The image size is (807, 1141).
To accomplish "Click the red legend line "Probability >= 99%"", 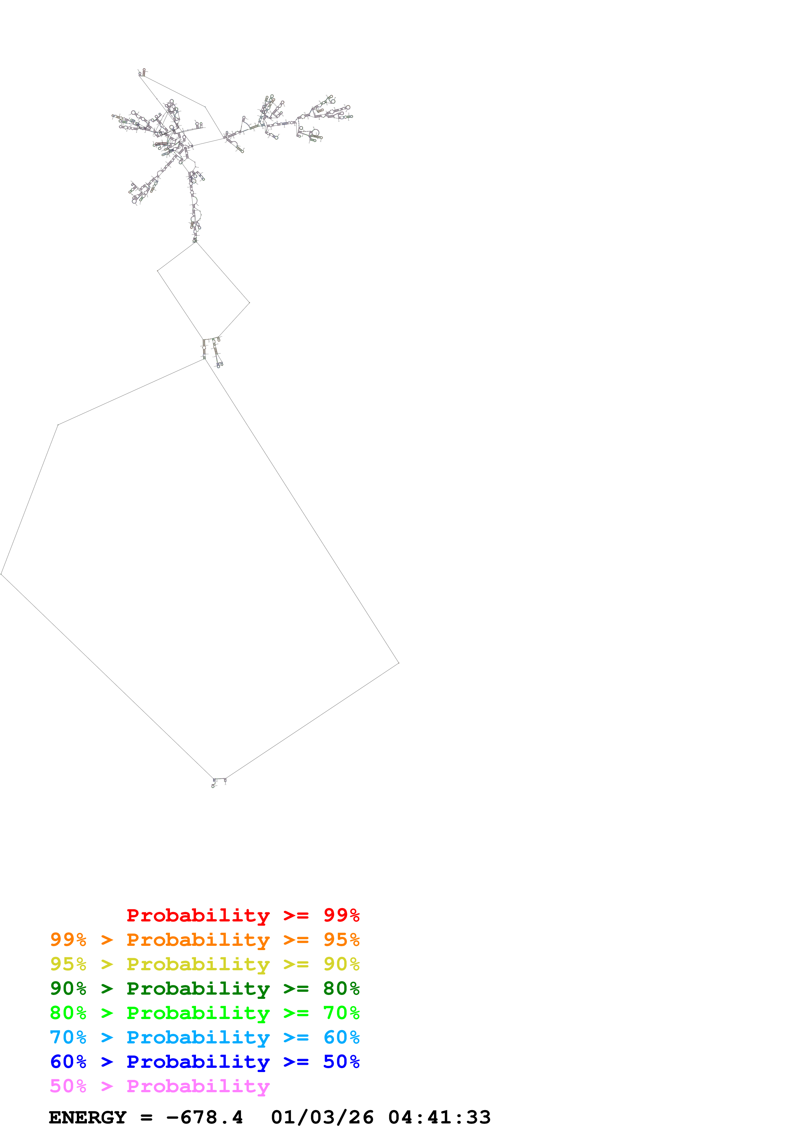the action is click(243, 915).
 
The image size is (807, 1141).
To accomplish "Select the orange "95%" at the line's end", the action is click(341, 940).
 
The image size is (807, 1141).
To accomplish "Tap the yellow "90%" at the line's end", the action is click(341, 964).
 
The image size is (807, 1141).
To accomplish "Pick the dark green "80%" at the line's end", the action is click(341, 988).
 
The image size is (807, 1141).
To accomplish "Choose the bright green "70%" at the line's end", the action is click(341, 1013).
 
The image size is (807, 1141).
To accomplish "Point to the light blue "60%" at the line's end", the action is click(341, 1037).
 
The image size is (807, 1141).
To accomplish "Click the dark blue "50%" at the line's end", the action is click(341, 1062).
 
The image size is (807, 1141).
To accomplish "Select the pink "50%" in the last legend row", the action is click(68, 1086).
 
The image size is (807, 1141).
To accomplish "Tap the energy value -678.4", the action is click(204, 1118).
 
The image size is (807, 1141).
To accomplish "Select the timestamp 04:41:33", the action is click(439, 1118).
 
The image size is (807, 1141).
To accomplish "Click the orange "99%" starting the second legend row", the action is click(68, 940).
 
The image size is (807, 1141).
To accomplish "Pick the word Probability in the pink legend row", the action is click(198, 1086).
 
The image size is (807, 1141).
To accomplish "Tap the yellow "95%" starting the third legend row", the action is click(68, 964).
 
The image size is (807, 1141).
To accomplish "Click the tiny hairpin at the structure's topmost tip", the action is click(142, 73).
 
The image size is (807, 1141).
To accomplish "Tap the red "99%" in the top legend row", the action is click(341, 915).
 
